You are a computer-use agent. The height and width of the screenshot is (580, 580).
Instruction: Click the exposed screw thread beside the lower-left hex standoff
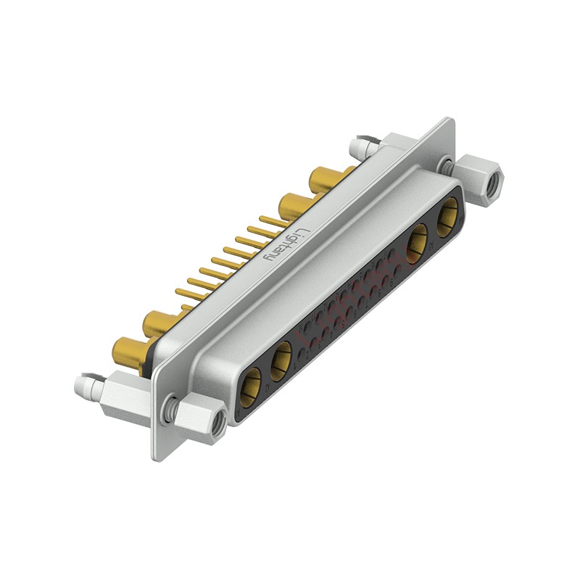pyautogui.click(x=171, y=410)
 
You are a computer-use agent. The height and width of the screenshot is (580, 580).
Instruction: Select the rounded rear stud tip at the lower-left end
pyautogui.click(x=84, y=384)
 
